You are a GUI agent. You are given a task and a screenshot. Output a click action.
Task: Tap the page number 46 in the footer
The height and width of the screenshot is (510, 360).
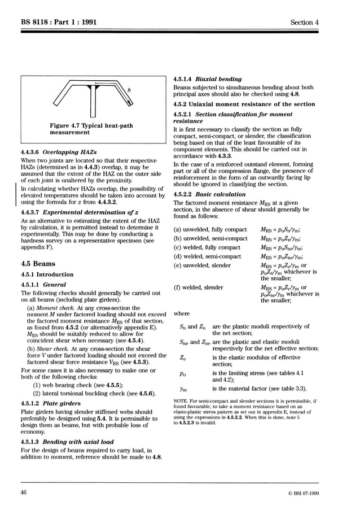tap(24, 493)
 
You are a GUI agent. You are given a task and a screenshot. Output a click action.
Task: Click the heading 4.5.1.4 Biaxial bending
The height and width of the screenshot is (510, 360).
tap(207, 79)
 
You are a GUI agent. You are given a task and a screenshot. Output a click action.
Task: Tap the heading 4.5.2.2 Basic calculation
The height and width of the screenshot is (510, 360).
tap(209, 194)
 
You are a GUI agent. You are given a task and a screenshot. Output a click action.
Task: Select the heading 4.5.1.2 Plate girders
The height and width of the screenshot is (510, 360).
tap(54, 404)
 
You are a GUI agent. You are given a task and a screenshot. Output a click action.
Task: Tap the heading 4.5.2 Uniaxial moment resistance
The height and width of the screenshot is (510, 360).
tap(244, 104)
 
